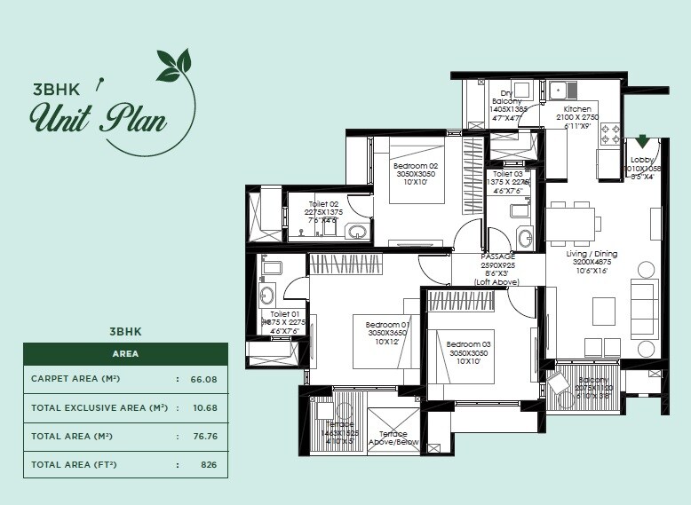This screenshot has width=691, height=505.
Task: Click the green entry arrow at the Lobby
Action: [x=642, y=142]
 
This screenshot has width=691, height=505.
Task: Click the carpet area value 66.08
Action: [x=203, y=379]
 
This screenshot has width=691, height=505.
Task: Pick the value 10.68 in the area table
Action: [x=203, y=407]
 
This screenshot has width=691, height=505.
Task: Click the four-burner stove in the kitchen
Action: [x=611, y=133]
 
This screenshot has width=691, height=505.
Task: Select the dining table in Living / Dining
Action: [x=568, y=224]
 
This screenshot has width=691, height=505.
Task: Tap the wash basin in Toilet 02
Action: [x=356, y=232]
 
